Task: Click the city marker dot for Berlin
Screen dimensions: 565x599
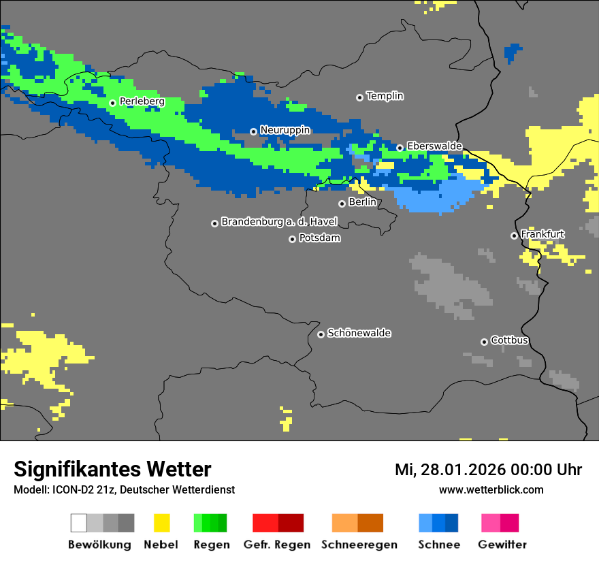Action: click(342, 204)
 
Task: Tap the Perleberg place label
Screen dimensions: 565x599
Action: click(142, 101)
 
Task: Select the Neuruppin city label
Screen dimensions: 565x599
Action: click(285, 130)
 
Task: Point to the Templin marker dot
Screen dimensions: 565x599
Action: click(359, 97)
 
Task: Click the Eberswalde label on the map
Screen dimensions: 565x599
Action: click(434, 146)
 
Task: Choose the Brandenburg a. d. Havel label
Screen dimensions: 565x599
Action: click(279, 222)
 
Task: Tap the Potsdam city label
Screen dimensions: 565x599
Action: click(319, 238)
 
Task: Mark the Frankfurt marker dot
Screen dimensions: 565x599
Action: click(514, 236)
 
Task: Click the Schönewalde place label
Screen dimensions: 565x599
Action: click(359, 334)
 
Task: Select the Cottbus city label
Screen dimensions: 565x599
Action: click(509, 340)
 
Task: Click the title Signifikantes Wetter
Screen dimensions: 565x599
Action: click(112, 469)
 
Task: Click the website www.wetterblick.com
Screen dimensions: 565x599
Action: click(491, 489)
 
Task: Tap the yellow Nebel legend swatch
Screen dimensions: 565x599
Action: click(161, 523)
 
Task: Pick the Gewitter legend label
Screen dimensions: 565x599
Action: click(502, 545)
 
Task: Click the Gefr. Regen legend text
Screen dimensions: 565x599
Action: click(277, 545)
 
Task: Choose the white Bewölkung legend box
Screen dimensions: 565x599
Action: click(79, 523)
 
